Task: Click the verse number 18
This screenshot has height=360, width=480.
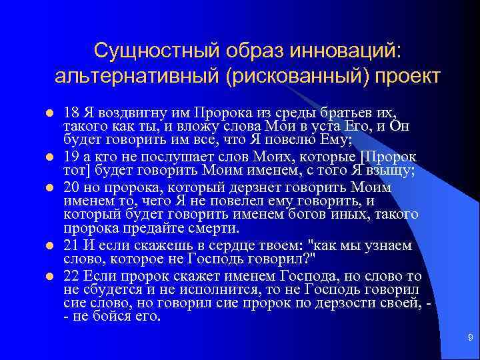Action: (71, 111)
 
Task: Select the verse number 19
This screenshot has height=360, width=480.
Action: (71, 157)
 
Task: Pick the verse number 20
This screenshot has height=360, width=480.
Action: (71, 187)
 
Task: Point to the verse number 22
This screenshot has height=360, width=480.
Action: (71, 275)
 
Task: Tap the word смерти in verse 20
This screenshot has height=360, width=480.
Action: (215, 229)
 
